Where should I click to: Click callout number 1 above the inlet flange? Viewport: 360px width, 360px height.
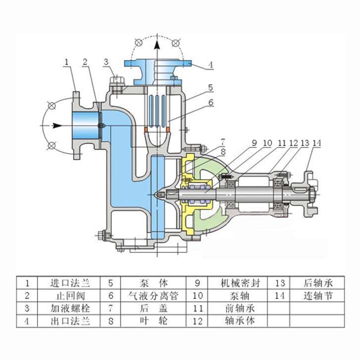point(66,62)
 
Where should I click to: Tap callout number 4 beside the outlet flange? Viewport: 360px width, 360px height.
point(210,64)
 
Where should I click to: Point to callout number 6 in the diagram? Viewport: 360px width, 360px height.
point(210,102)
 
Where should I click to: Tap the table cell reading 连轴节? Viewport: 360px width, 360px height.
point(318,295)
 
